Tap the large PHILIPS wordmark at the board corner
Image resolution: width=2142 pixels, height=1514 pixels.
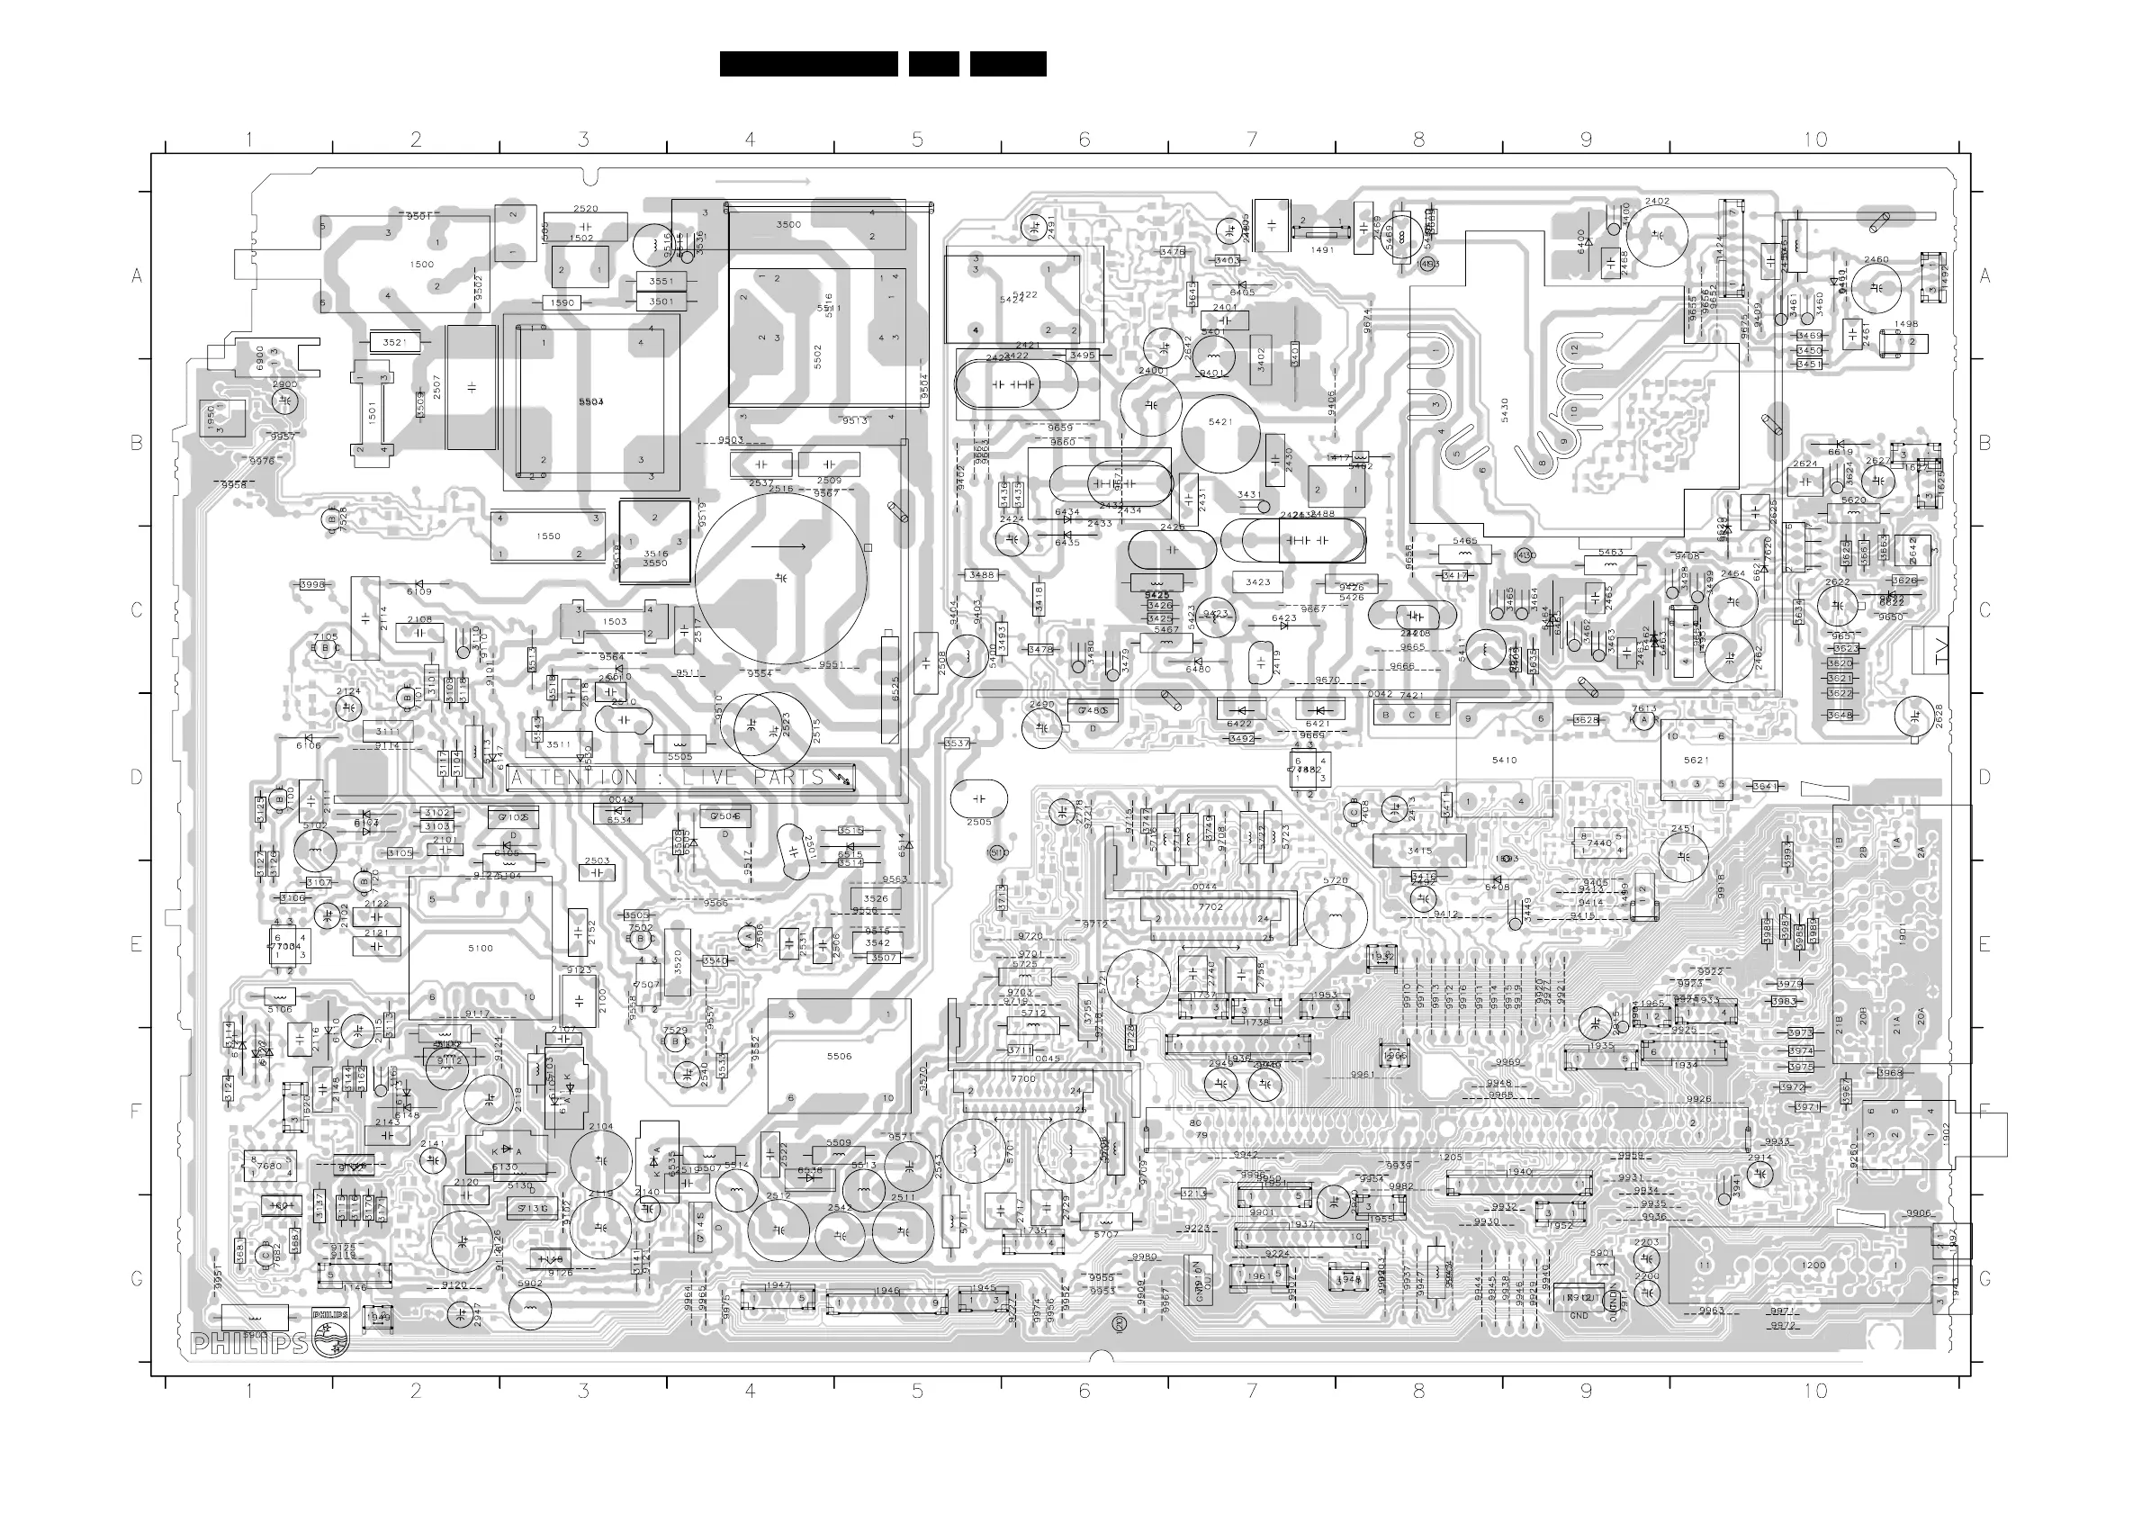pyautogui.click(x=249, y=1344)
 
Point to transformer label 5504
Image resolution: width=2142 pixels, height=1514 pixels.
pyautogui.click(x=590, y=401)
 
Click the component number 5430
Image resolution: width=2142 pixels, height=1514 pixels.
pyautogui.click(x=1504, y=410)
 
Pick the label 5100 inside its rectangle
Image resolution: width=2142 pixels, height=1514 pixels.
pyautogui.click(x=481, y=948)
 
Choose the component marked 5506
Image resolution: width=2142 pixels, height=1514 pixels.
pyautogui.click(x=839, y=1056)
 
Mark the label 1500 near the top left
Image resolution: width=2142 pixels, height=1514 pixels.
pyautogui.click(x=422, y=264)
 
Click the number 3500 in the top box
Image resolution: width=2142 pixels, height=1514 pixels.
pyautogui.click(x=788, y=224)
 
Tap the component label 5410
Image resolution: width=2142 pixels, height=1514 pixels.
pyautogui.click(x=1504, y=760)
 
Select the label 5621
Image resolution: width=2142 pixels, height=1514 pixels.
pyautogui.click(x=1696, y=760)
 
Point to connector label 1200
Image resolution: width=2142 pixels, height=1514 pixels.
pyautogui.click(x=1813, y=1265)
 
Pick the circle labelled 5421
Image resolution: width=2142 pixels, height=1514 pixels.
pyautogui.click(x=1220, y=421)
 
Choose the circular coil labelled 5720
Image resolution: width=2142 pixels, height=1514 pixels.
pyautogui.click(x=1335, y=880)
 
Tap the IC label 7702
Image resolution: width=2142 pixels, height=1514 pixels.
pyautogui.click(x=1210, y=906)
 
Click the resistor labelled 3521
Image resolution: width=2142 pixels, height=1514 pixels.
pyautogui.click(x=394, y=342)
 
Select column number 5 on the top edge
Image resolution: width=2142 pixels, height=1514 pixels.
pyautogui.click(x=917, y=140)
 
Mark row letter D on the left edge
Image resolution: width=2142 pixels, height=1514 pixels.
pyautogui.click(x=136, y=777)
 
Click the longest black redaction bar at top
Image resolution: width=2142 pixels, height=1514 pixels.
pyautogui.click(x=808, y=63)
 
